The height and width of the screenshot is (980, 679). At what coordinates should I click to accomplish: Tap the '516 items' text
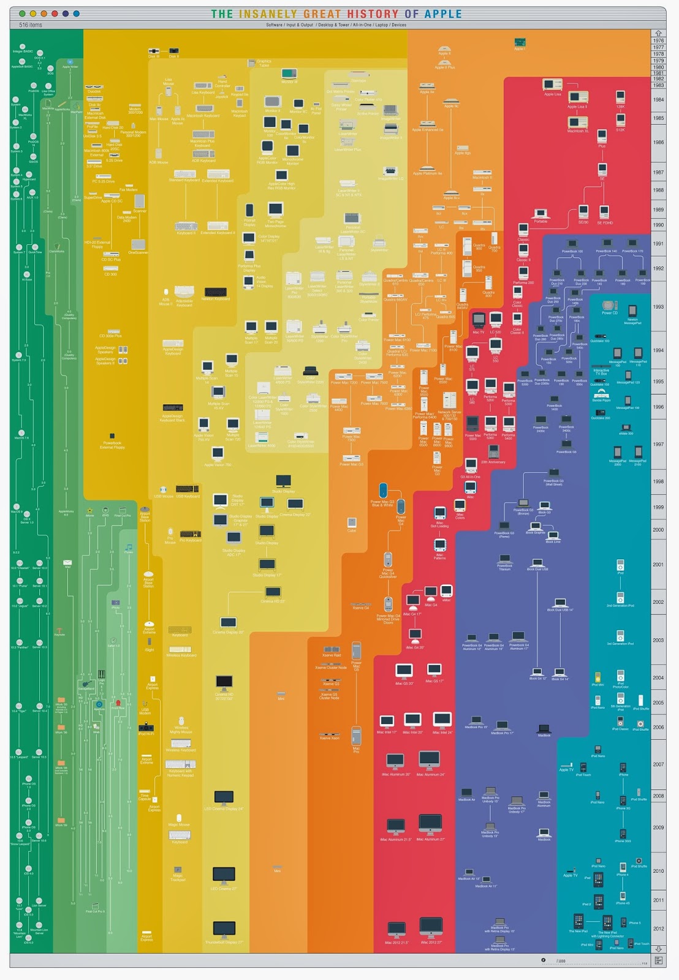(31, 25)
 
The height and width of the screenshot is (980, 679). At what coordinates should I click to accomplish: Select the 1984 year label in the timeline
(658, 99)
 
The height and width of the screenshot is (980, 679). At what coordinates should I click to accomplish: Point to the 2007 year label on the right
(658, 764)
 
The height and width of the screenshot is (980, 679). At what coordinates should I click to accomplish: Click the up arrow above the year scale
(658, 34)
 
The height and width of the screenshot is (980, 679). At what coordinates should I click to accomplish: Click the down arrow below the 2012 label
(658, 949)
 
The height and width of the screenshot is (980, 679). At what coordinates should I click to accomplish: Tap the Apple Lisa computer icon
(552, 85)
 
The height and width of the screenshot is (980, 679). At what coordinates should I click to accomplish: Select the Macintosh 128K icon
(620, 97)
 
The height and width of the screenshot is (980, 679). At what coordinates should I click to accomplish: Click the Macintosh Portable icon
(541, 213)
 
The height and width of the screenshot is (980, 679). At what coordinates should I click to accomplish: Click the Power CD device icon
(609, 305)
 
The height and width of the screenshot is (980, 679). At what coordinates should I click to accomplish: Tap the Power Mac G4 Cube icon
(352, 522)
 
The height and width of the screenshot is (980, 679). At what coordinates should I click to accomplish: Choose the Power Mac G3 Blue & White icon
(382, 491)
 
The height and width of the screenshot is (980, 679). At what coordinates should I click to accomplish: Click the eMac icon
(446, 592)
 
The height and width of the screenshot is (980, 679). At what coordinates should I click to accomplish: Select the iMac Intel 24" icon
(442, 720)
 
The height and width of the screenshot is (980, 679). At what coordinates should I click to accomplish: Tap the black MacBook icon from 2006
(544, 728)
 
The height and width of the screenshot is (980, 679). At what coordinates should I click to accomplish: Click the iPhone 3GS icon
(623, 834)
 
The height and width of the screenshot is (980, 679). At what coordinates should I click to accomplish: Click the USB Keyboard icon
(187, 489)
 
